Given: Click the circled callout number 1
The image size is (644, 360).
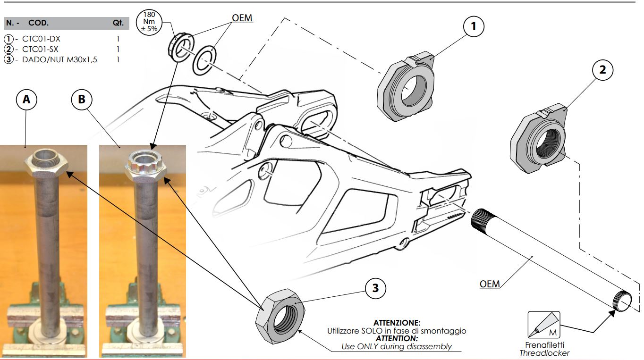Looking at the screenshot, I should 474,27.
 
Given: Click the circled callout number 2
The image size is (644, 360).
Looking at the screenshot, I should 602,70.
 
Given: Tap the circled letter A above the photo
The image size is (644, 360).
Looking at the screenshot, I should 26,100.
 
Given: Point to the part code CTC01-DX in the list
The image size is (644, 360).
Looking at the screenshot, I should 41,39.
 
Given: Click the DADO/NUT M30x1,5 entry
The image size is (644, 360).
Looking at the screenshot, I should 59,59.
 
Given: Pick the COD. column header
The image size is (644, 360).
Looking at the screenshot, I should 38,23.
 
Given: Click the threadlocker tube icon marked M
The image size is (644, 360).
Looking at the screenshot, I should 543,324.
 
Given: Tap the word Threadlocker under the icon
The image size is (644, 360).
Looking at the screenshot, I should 544,353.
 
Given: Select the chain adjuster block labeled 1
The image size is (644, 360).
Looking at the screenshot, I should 407,87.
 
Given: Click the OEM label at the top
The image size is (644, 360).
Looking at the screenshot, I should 242,18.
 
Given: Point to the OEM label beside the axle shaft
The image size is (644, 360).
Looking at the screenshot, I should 490,284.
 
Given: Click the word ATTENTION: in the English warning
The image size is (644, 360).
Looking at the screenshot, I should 397,339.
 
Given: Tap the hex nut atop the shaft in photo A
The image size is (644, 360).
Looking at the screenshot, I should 46,162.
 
